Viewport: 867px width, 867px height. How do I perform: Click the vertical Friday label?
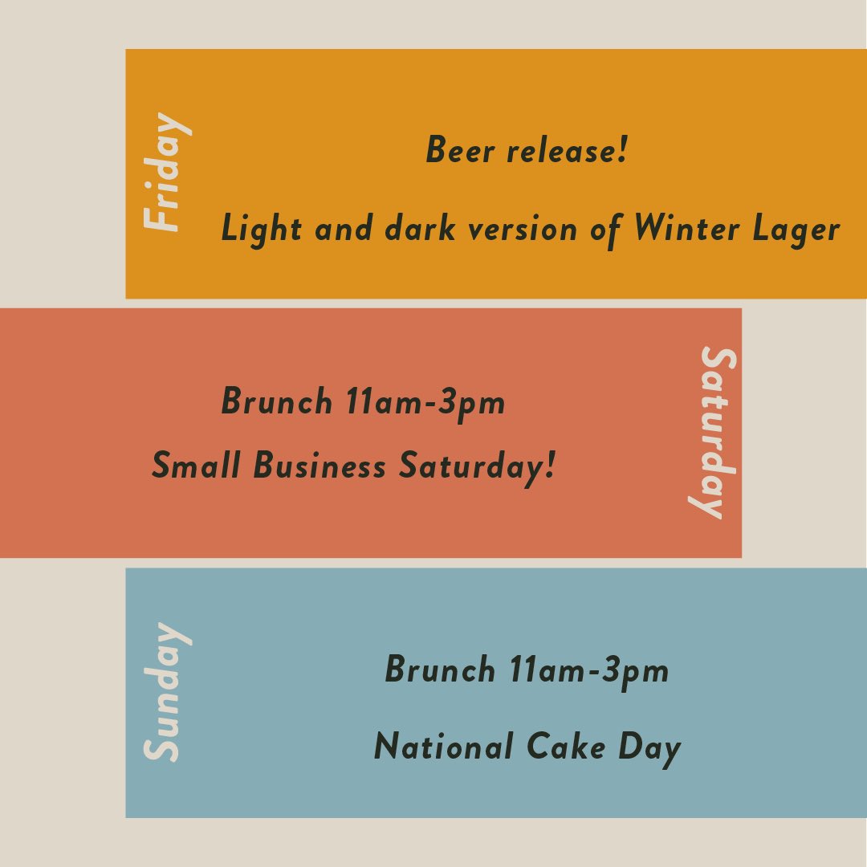(168, 173)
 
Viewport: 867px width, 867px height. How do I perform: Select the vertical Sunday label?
(168, 692)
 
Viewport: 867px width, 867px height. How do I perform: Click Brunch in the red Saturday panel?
(276, 401)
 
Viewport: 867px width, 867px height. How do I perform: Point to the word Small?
(196, 466)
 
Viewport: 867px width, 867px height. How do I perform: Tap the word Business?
(320, 466)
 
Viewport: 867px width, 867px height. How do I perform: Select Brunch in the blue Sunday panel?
(440, 670)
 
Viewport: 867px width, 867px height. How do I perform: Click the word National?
(443, 747)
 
